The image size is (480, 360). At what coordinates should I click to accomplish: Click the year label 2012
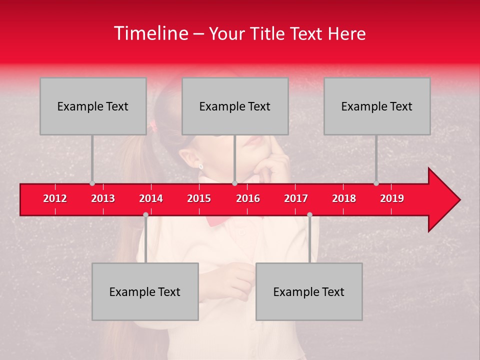tap(55, 198)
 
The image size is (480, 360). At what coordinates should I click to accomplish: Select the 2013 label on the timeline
tap(103, 198)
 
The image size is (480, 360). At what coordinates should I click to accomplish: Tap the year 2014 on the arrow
tap(151, 198)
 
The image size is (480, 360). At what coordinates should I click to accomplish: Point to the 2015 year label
tap(199, 198)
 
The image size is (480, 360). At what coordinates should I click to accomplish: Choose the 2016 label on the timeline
tap(248, 198)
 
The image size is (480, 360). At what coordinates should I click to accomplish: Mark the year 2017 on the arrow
tap(296, 198)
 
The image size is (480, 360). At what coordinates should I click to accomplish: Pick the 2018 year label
tap(344, 198)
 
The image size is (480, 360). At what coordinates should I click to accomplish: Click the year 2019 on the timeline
tap(392, 198)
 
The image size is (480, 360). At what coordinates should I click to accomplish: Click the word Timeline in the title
tap(150, 33)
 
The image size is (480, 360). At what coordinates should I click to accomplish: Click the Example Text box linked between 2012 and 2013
tap(93, 106)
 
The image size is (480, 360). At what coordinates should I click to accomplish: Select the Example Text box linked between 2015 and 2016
tap(235, 106)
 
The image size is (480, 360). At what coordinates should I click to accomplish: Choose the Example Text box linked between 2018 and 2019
tap(377, 106)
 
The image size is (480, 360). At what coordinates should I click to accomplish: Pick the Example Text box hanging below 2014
tap(145, 291)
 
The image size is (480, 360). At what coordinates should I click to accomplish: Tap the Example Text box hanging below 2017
tap(309, 291)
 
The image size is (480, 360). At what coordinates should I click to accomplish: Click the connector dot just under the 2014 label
tap(145, 215)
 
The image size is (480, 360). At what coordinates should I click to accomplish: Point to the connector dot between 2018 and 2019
tap(376, 183)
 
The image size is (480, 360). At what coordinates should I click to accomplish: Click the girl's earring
tap(201, 166)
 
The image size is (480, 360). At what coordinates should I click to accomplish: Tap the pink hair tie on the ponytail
tap(153, 126)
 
